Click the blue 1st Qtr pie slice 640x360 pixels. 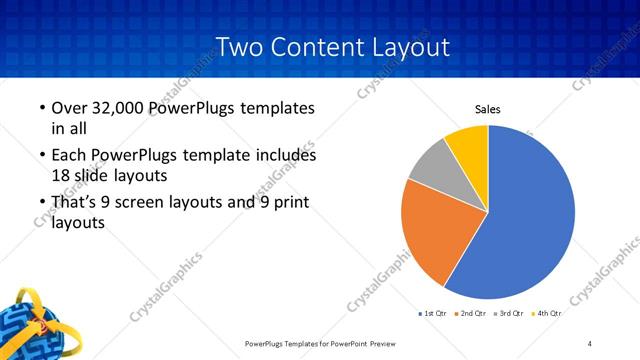click(x=530, y=215)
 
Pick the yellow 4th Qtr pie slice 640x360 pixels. click(x=468, y=144)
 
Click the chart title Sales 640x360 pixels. click(x=487, y=110)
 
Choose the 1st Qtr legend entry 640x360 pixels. click(x=433, y=314)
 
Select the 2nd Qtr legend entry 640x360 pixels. click(x=471, y=314)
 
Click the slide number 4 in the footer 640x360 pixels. click(x=589, y=344)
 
